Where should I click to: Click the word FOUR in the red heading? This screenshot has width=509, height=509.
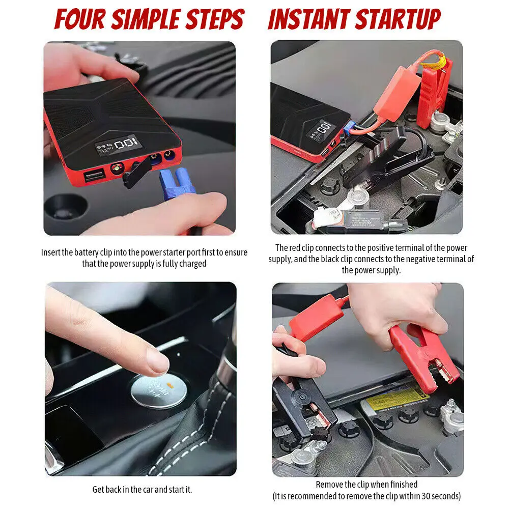(x=80, y=19)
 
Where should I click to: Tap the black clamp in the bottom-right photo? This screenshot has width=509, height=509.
(x=303, y=406)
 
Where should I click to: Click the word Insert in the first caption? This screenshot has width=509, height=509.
(x=50, y=252)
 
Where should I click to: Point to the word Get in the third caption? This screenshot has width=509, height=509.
(x=98, y=490)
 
